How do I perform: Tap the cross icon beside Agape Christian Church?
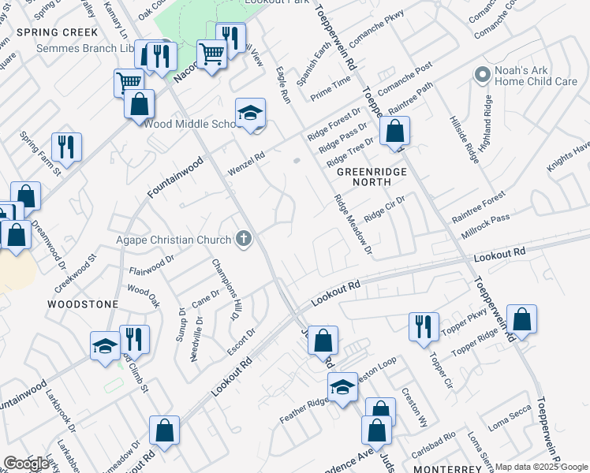pyautogui.click(x=245, y=240)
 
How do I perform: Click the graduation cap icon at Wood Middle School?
pyautogui.click(x=250, y=114)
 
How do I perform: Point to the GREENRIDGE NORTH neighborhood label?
pyautogui.click(x=364, y=176)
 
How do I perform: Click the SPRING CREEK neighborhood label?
pyautogui.click(x=57, y=32)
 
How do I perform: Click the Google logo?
pyautogui.click(x=27, y=464)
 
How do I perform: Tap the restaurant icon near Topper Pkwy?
pyautogui.click(x=424, y=326)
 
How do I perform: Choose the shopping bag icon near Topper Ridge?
pyautogui.click(x=521, y=319)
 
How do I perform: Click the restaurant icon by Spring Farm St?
pyautogui.click(x=66, y=147)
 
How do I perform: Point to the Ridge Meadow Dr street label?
pyautogui.click(x=352, y=225)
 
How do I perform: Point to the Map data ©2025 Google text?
pyautogui.click(x=541, y=467)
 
